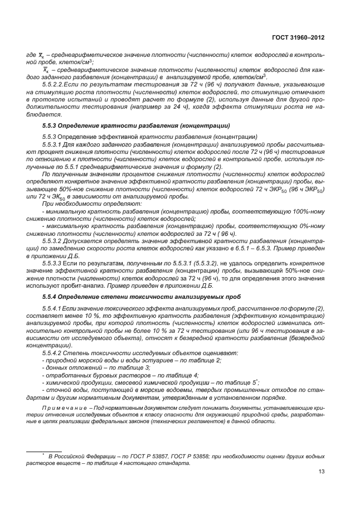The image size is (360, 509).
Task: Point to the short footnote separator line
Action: [x=45, y=450]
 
